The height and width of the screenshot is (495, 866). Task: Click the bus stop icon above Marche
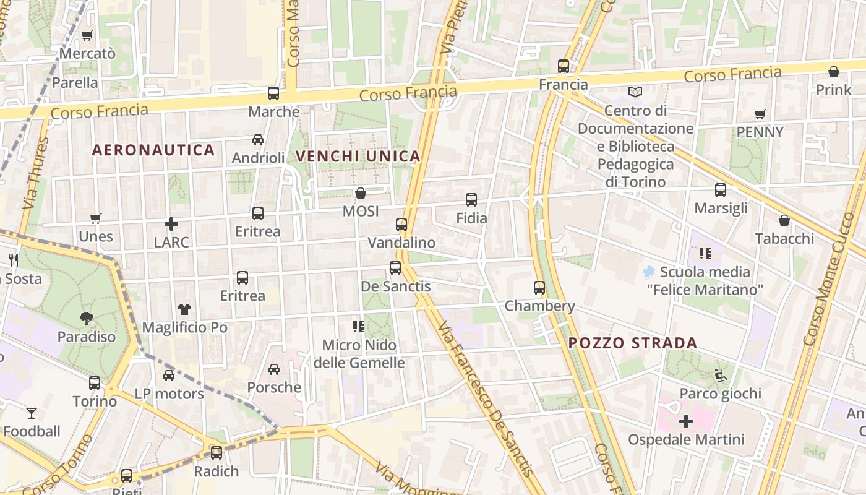[x=273, y=93]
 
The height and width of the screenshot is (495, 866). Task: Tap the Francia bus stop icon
[x=563, y=66]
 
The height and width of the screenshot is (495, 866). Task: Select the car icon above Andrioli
[x=258, y=140]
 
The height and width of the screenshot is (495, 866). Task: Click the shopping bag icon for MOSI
[x=360, y=194]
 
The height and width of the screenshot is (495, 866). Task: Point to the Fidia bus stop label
[x=471, y=218]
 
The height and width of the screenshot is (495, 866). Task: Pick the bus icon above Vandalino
[x=401, y=225]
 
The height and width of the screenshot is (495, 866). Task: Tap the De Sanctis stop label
[x=395, y=286]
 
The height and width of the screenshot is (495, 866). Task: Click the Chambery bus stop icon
[x=539, y=288]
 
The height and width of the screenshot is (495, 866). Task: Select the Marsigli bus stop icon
[x=721, y=190]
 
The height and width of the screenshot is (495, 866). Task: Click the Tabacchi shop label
[x=784, y=238]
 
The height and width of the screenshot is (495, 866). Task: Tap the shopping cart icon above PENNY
[x=760, y=114]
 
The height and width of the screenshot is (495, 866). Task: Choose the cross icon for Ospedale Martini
[x=686, y=422]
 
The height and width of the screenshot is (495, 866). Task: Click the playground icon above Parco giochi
[x=720, y=376]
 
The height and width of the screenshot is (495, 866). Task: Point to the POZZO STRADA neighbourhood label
[x=632, y=343]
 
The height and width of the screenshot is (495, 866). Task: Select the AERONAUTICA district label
[x=153, y=150]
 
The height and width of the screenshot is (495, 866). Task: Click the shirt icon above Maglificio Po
[x=184, y=309]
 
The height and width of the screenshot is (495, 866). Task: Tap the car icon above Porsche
[x=273, y=369]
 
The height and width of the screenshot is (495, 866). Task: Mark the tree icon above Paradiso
[x=87, y=319]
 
